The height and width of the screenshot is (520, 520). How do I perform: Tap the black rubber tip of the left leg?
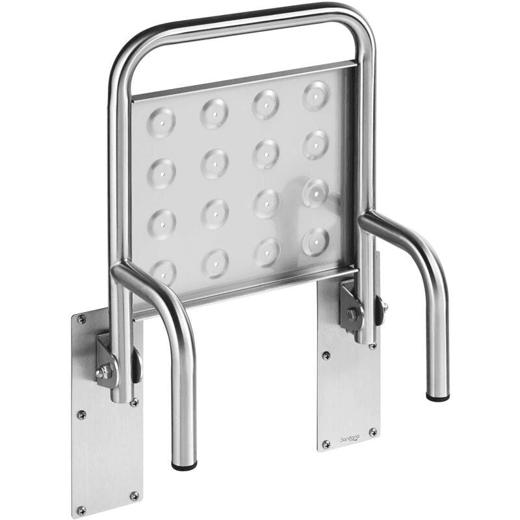click(x=185, y=465)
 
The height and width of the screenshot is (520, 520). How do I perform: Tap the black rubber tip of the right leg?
click(x=437, y=395)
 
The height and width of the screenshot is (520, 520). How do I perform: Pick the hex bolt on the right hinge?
click(x=352, y=315)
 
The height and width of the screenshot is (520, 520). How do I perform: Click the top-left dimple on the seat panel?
click(x=161, y=122)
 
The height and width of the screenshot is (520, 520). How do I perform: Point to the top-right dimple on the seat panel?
click(x=316, y=95)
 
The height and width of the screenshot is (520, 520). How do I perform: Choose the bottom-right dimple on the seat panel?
click(x=315, y=241)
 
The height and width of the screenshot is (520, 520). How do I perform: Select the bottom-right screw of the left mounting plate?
click(x=134, y=496)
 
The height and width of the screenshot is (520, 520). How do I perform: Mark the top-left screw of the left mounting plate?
click(x=81, y=319)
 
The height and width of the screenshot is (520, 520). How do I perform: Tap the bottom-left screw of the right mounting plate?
click(x=326, y=445)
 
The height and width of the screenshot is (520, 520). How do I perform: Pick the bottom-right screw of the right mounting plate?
click(x=373, y=432)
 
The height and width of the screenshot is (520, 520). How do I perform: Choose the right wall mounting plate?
click(x=348, y=390)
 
